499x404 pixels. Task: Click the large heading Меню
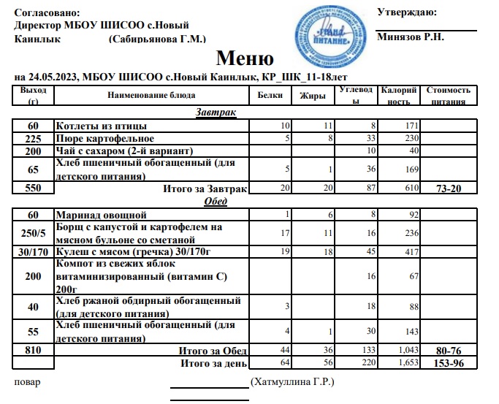tap(245, 59)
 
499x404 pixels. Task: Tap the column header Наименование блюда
tap(151, 96)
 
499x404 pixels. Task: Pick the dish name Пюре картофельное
tap(104, 139)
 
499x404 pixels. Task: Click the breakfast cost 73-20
tap(447, 188)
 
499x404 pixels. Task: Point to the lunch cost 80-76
tap(447, 351)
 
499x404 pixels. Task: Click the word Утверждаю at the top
tap(407, 12)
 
